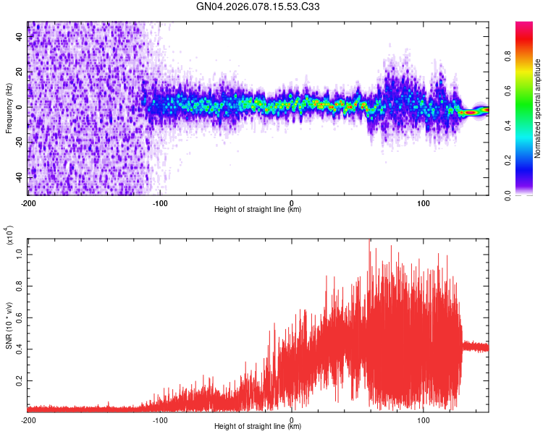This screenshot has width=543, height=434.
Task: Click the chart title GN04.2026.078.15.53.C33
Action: pyautogui.click(x=258, y=7)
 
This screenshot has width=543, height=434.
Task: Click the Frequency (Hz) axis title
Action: pyautogui.click(x=9, y=108)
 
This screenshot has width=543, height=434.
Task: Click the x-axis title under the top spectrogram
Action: pyautogui.click(x=258, y=210)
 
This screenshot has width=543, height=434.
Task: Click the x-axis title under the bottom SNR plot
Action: pyautogui.click(x=258, y=427)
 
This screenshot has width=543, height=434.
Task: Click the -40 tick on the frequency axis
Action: pyautogui.click(x=17, y=177)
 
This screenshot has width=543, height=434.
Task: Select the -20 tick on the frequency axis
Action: pyautogui.click(x=17, y=142)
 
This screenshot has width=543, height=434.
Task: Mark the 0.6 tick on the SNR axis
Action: pyautogui.click(x=19, y=317)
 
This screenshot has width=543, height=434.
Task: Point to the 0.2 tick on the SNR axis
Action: pyautogui.click(x=19, y=379)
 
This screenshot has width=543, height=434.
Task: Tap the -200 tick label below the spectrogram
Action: pyautogui.click(x=28, y=203)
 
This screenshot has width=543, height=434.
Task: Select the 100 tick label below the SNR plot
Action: pyautogui.click(x=423, y=420)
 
